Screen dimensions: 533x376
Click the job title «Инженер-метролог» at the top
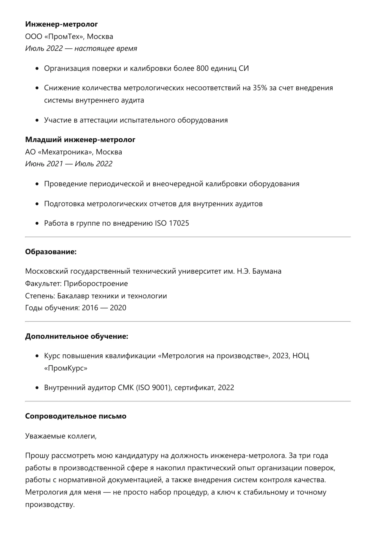pos(61,24)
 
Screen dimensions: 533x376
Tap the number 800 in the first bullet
pos(202,68)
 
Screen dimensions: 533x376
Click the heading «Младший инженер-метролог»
pos(80,140)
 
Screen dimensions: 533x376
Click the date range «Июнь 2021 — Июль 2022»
pos(69,164)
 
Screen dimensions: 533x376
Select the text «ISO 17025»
pos(172,223)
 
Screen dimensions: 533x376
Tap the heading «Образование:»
pos(51,252)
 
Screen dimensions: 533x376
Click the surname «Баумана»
pos(267,271)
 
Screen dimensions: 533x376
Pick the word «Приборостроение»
pos(96,283)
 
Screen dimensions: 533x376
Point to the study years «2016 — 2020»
pos(104,308)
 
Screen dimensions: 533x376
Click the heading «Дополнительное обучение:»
pos(76,336)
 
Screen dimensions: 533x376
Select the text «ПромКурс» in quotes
pos(66,368)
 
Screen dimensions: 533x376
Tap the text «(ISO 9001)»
pos(154,388)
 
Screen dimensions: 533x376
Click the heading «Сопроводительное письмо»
pos(76,416)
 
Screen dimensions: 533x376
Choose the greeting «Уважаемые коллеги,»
pos(61,436)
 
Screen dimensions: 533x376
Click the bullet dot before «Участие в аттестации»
pos(37,120)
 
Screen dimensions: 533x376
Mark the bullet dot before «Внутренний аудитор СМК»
pos(37,388)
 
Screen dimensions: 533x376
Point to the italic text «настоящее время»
pos(106,48)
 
